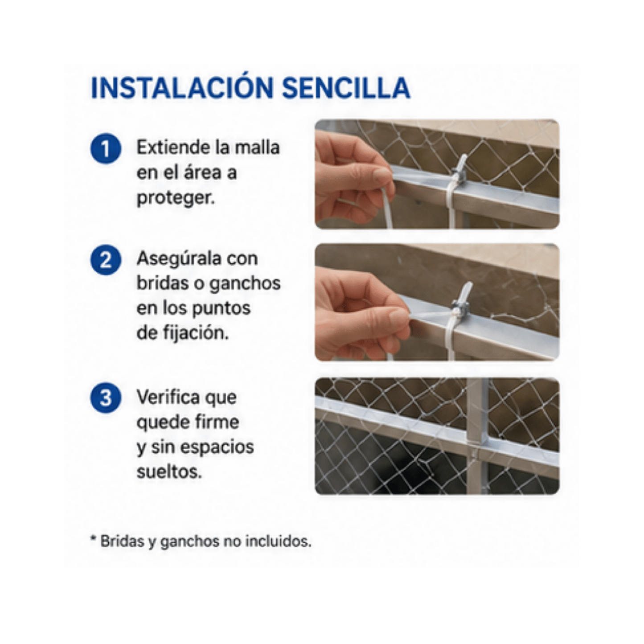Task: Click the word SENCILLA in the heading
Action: click(346, 88)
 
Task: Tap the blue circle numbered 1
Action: click(106, 149)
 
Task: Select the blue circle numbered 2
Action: click(106, 260)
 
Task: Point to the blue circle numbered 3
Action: click(106, 398)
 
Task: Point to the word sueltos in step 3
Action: click(169, 472)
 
